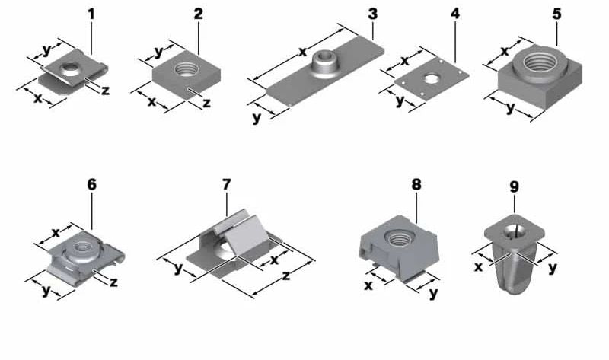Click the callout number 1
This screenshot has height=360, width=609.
click(91, 14)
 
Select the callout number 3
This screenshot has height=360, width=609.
click(372, 14)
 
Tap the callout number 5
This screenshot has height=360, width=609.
click(557, 14)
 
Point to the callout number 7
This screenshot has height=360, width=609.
click(226, 184)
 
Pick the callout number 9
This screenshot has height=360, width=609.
click(514, 186)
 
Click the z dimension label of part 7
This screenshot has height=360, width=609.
click(286, 276)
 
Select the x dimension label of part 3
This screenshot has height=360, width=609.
click(302, 52)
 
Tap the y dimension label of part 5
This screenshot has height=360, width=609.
click(510, 107)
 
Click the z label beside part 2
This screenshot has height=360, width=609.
click(206, 103)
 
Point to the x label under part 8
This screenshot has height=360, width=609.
click(368, 286)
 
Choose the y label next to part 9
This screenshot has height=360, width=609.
click(553, 268)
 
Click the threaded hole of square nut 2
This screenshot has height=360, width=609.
click(187, 70)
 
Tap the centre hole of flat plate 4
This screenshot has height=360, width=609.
click(430, 79)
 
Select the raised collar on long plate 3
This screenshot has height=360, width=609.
click(324, 64)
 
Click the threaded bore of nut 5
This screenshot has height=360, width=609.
click(540, 61)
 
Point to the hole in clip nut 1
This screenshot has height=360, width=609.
click(69, 68)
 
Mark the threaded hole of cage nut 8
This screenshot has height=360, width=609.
click(398, 237)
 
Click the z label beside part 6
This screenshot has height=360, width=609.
click(113, 282)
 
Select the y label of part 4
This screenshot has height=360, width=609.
click(400, 100)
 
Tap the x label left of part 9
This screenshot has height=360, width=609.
click(479, 267)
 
